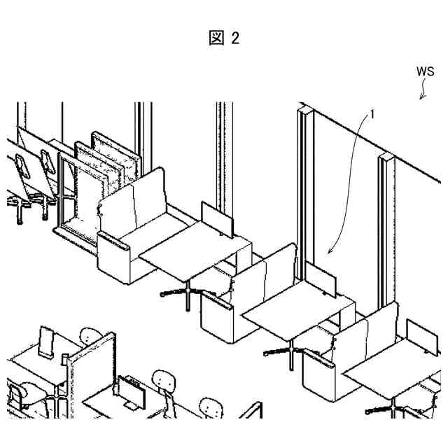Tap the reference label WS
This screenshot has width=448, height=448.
(425, 71)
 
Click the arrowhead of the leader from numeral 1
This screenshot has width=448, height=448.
(328, 251)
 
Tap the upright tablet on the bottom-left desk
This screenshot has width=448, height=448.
(48, 342)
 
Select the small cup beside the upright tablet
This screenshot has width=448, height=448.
(65, 358)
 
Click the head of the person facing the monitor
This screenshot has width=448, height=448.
(162, 381)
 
